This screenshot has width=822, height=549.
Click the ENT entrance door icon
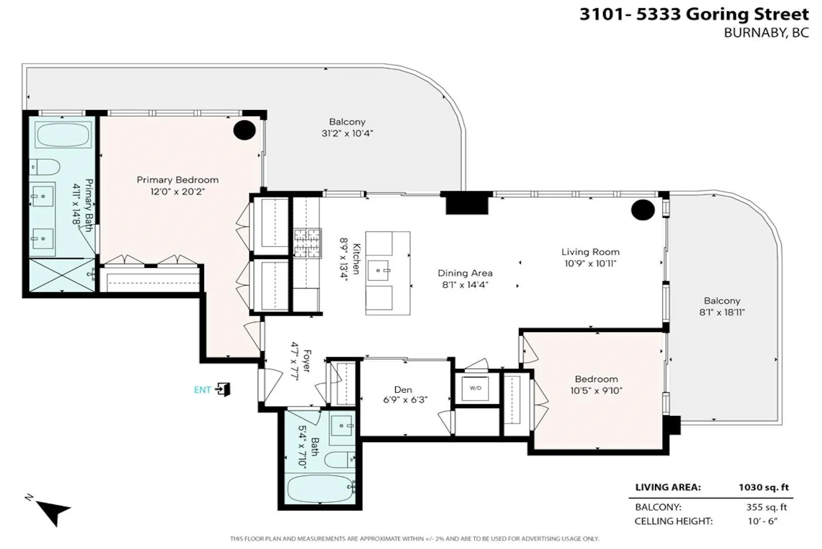pyautogui.click(x=223, y=389)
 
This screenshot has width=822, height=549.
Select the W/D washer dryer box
pyautogui.click(x=475, y=388)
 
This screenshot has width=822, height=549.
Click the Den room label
pyautogui.click(x=403, y=390)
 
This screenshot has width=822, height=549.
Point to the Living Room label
pyautogui.click(x=590, y=252)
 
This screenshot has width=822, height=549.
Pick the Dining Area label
pyautogui.click(x=465, y=273)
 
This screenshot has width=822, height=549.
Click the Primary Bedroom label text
pyautogui.click(x=178, y=180)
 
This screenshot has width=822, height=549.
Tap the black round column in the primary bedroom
pyautogui.click(x=245, y=130)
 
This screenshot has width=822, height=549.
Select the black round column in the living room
pyautogui.click(x=643, y=210)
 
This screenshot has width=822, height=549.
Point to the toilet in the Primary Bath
pyautogui.click(x=44, y=167)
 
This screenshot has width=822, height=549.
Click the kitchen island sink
pyautogui.click(x=378, y=270)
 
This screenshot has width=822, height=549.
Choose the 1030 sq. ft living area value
pyautogui.click(x=763, y=487)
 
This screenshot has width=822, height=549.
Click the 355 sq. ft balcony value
pyautogui.click(x=767, y=507)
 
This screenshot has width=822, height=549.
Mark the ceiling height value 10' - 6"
pyautogui.click(x=763, y=521)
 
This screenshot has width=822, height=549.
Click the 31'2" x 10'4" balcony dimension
pyautogui.click(x=347, y=133)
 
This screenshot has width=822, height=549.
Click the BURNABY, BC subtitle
pyautogui.click(x=766, y=33)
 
